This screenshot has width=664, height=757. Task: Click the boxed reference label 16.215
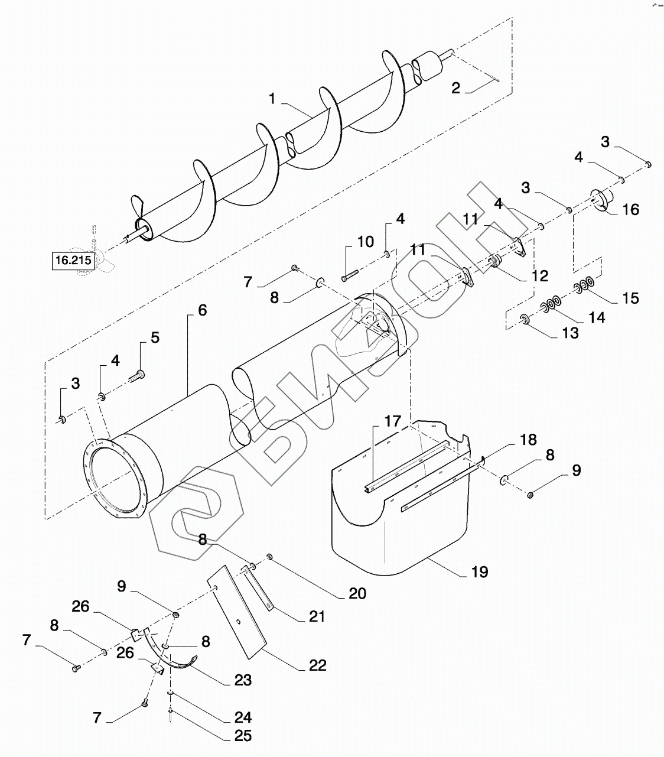click(73, 260)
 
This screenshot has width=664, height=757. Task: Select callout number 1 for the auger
click(272, 99)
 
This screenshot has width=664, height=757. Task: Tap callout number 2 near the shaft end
click(455, 89)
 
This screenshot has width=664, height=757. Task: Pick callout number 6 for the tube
click(202, 310)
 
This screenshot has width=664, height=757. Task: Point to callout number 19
click(480, 572)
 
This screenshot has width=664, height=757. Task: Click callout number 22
click(317, 665)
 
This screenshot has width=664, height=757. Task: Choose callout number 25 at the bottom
click(243, 736)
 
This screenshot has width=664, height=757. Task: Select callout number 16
click(631, 210)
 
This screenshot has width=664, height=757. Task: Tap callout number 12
click(539, 276)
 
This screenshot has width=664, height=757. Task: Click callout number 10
click(365, 242)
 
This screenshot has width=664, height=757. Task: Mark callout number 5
click(155, 337)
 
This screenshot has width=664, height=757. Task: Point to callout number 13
click(570, 333)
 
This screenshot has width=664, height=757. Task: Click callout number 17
click(392, 421)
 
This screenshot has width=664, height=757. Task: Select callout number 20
click(357, 593)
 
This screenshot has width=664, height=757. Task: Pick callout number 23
click(243, 680)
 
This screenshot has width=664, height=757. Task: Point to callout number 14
click(597, 317)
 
